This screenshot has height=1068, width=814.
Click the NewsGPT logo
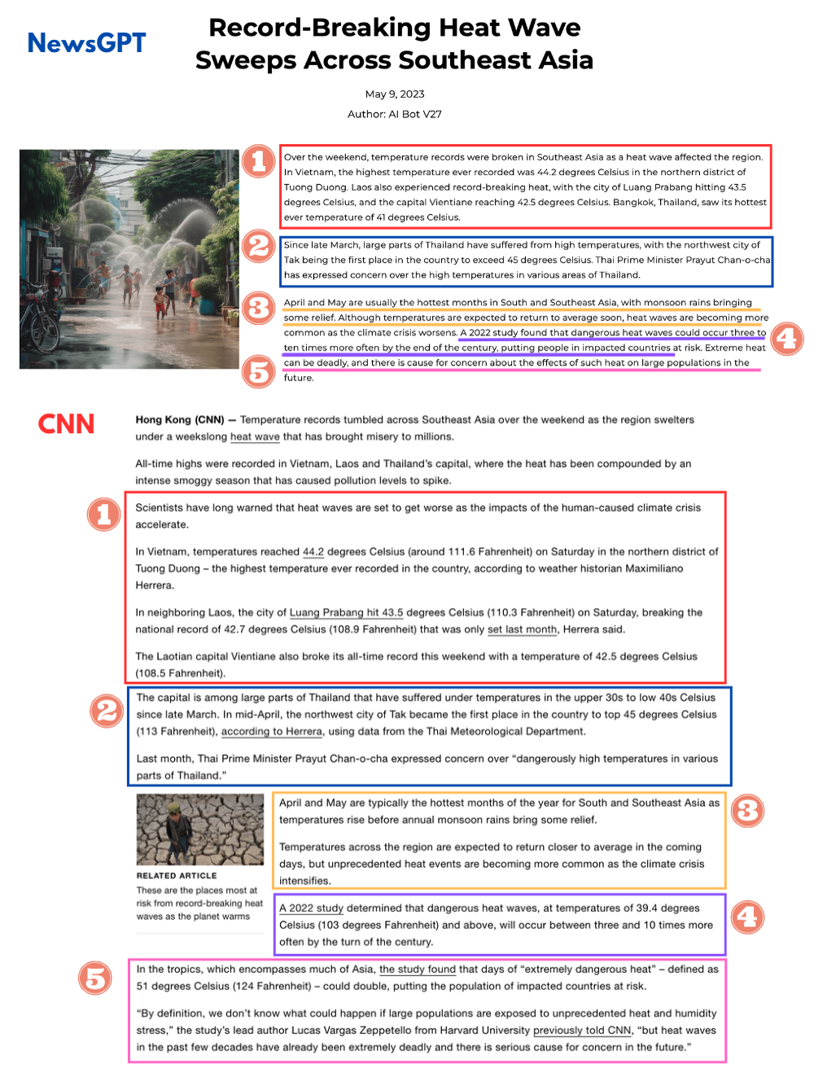click(x=86, y=42)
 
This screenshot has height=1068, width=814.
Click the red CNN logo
click(x=66, y=424)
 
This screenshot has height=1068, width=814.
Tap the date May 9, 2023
click(x=395, y=94)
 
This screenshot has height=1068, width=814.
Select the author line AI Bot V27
click(x=395, y=114)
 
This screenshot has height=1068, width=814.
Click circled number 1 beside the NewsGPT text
click(x=259, y=160)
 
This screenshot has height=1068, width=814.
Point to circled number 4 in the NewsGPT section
click(x=786, y=339)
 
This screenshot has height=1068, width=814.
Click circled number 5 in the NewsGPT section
click(x=259, y=372)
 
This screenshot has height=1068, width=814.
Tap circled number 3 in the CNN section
click(x=747, y=810)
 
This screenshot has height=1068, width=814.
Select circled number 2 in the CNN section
click(x=107, y=711)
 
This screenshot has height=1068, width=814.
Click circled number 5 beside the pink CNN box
click(x=95, y=978)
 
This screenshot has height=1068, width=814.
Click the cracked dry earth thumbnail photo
click(x=200, y=829)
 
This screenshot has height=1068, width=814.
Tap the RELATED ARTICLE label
click(x=177, y=876)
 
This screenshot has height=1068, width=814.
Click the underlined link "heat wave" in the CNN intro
click(x=255, y=437)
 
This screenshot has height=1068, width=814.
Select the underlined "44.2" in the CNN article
click(x=313, y=552)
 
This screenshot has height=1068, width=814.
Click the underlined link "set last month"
click(x=522, y=629)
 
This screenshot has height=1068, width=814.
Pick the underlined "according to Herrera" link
click(x=272, y=732)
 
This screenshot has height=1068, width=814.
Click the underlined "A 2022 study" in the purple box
click(x=311, y=908)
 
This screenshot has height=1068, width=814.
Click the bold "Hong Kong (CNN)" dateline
click(x=180, y=420)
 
